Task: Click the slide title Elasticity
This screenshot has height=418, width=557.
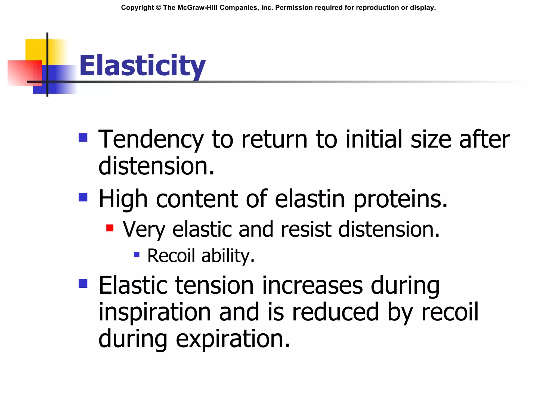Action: (142, 66)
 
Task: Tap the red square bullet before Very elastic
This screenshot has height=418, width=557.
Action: (110, 228)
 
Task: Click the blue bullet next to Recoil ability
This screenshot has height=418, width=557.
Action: (137, 255)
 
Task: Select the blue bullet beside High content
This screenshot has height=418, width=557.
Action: (83, 197)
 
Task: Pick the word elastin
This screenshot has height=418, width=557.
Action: (310, 199)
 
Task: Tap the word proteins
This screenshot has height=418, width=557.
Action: (400, 199)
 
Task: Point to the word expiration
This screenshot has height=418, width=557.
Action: (233, 339)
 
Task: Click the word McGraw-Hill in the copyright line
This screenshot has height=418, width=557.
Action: (198, 8)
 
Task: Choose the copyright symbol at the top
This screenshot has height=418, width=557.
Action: (158, 8)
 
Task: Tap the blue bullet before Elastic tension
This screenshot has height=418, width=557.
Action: (83, 284)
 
